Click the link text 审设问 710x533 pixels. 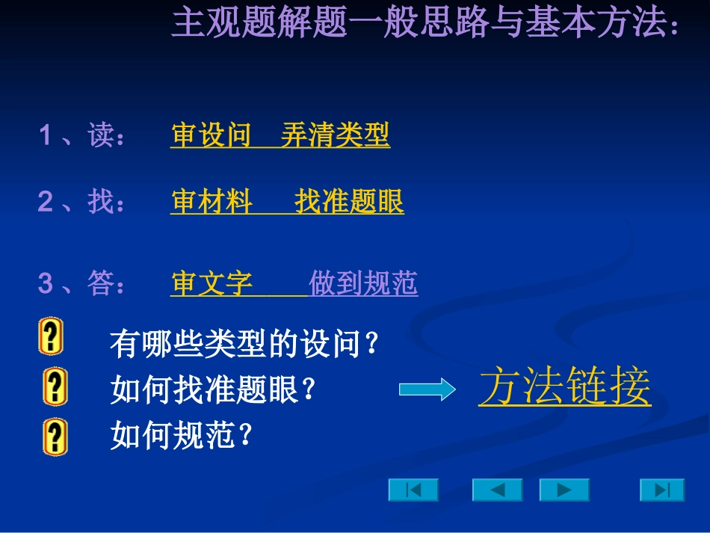[211, 135]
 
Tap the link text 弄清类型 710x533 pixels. [335, 135]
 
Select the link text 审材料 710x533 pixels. [212, 202]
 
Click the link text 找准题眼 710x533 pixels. [349, 202]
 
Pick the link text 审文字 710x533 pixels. [212, 283]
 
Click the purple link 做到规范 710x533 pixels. [363, 283]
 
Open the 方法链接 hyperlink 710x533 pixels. [564, 386]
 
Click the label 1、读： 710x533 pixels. [82, 136]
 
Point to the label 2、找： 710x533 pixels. [82, 202]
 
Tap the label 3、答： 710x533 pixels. [82, 283]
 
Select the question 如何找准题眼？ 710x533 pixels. [214, 389]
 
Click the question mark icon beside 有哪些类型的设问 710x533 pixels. [51, 337]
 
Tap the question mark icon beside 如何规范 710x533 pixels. [55, 437]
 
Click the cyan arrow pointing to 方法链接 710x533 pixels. [427, 389]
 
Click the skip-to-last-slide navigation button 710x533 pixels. [661, 490]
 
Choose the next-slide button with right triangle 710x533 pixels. [564, 490]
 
